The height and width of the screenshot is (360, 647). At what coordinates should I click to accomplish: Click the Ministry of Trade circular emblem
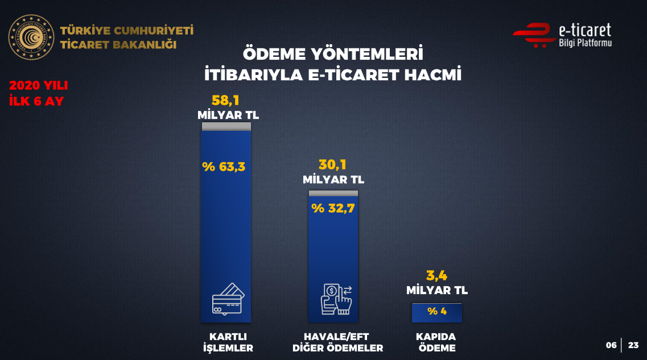31,38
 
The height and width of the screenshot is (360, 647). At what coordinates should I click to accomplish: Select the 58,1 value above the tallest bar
225,100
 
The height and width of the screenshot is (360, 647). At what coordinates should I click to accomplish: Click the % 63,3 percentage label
224,167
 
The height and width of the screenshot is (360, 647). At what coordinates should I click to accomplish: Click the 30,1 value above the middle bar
332,165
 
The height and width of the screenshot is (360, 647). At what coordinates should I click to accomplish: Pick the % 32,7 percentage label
333,208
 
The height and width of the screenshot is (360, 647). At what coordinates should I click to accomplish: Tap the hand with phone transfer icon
336,299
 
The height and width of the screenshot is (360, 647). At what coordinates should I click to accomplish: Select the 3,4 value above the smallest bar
436,275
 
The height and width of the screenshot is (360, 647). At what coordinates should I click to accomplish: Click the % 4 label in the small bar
437,311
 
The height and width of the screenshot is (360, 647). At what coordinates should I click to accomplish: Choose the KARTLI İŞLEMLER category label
228,342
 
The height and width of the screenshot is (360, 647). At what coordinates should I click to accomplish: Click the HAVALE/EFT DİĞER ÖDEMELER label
337,342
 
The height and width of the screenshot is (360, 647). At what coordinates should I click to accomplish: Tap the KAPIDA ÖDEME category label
436,342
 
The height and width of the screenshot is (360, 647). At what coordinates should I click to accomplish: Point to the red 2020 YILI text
38,85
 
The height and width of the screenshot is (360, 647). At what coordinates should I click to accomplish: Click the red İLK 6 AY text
36,101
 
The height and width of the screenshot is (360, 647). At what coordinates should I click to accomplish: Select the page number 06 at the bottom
611,345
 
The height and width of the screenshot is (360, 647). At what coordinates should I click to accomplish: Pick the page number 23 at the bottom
633,345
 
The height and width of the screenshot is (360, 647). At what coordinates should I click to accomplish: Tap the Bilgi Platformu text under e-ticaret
585,43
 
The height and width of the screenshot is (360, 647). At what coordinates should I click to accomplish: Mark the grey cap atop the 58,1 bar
226,127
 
